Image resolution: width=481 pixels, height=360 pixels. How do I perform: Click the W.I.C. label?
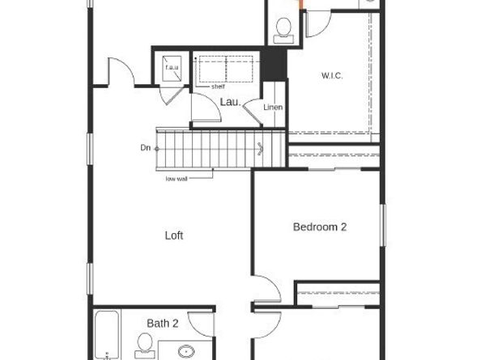click(x=332, y=76)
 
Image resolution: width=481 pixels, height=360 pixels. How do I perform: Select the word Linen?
click(x=273, y=107)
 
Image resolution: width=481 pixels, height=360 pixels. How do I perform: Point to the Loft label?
click(x=174, y=235)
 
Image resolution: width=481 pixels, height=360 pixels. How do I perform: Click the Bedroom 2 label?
click(x=320, y=227)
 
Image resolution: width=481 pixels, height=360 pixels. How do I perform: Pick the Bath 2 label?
click(x=163, y=323)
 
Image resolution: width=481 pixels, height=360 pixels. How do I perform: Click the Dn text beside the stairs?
click(x=145, y=147)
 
